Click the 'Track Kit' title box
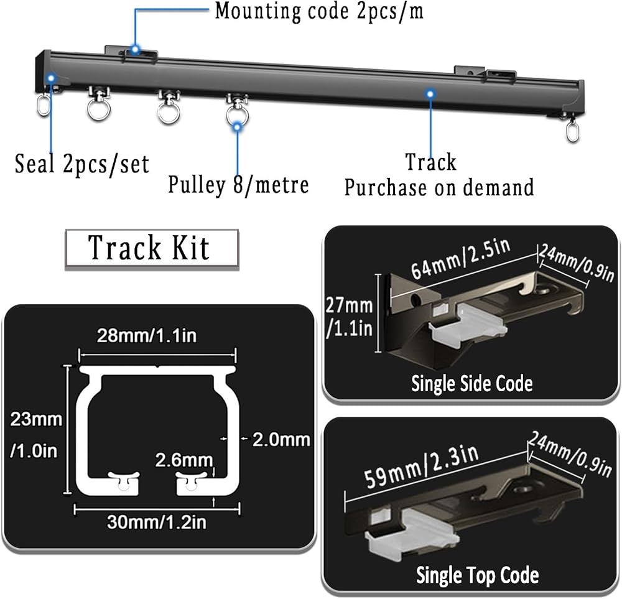click(x=152, y=249)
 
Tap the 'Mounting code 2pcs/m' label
click(x=319, y=11)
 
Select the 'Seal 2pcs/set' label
click(x=81, y=164)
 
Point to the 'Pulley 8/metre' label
click(x=238, y=185)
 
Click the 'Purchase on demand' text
click(x=439, y=187)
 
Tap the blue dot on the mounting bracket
click(x=135, y=50)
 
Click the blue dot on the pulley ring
click(x=237, y=127)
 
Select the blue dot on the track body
click(x=430, y=94)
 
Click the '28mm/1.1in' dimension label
click(x=147, y=336)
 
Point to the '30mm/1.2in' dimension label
click(x=157, y=522)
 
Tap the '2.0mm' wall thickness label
click(x=281, y=440)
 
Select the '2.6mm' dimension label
click(x=184, y=460)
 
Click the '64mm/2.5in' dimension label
click(x=461, y=259)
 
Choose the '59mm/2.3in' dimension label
click(x=422, y=467)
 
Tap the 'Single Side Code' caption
click(x=471, y=383)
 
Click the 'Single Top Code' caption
click(x=477, y=575)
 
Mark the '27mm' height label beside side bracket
click(x=349, y=305)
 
